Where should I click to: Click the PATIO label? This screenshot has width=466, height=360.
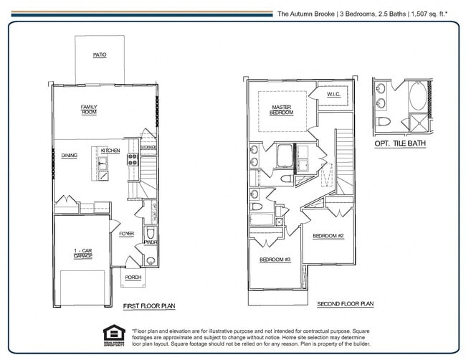(x=99, y=55)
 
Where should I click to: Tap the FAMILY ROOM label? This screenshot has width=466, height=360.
(x=89, y=110)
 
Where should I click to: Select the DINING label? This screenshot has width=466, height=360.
(x=70, y=155)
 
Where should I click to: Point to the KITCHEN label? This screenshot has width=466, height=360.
(x=110, y=151)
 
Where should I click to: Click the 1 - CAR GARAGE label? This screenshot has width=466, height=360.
(x=82, y=253)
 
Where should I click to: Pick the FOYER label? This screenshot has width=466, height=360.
(x=126, y=234)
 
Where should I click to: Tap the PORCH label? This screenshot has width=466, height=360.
(x=133, y=277)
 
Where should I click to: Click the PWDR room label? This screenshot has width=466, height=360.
(x=151, y=242)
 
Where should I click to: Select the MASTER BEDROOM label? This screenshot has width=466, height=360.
(x=281, y=110)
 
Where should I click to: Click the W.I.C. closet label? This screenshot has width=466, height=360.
(x=334, y=94)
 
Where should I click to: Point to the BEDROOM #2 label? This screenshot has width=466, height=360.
(x=329, y=236)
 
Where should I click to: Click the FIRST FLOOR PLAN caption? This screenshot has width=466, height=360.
(x=149, y=306)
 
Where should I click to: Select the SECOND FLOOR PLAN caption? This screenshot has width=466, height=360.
(x=345, y=304)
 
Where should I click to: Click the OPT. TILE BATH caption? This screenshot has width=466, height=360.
(x=400, y=143)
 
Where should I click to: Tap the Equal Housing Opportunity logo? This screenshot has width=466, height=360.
(x=114, y=336)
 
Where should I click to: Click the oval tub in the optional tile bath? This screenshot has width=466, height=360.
(x=417, y=96)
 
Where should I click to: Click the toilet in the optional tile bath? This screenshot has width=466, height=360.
(x=384, y=120)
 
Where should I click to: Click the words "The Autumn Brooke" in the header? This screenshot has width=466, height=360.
(x=305, y=13)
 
